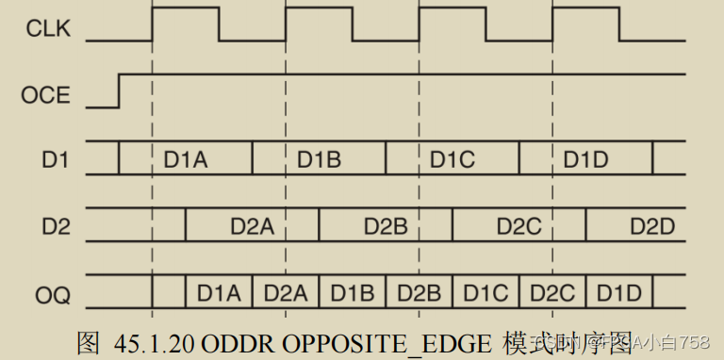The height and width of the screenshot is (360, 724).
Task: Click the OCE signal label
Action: pyautogui.click(x=44, y=94)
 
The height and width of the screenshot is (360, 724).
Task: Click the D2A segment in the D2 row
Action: pyautogui.click(x=252, y=226)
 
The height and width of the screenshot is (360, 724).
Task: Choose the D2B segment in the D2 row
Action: pyautogui.click(x=385, y=226)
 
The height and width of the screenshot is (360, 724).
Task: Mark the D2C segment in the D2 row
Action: pyautogui.click(x=518, y=226)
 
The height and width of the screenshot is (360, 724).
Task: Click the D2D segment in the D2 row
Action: pyautogui.click(x=652, y=226)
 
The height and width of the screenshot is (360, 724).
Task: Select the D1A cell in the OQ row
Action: pyautogui.click(x=219, y=293)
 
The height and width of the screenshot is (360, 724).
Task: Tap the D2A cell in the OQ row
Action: pyautogui.click(x=286, y=293)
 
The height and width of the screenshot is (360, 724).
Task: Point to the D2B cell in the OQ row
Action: pyautogui.click(x=419, y=293)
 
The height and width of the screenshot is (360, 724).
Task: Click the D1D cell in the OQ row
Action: pyautogui.click(x=619, y=293)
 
